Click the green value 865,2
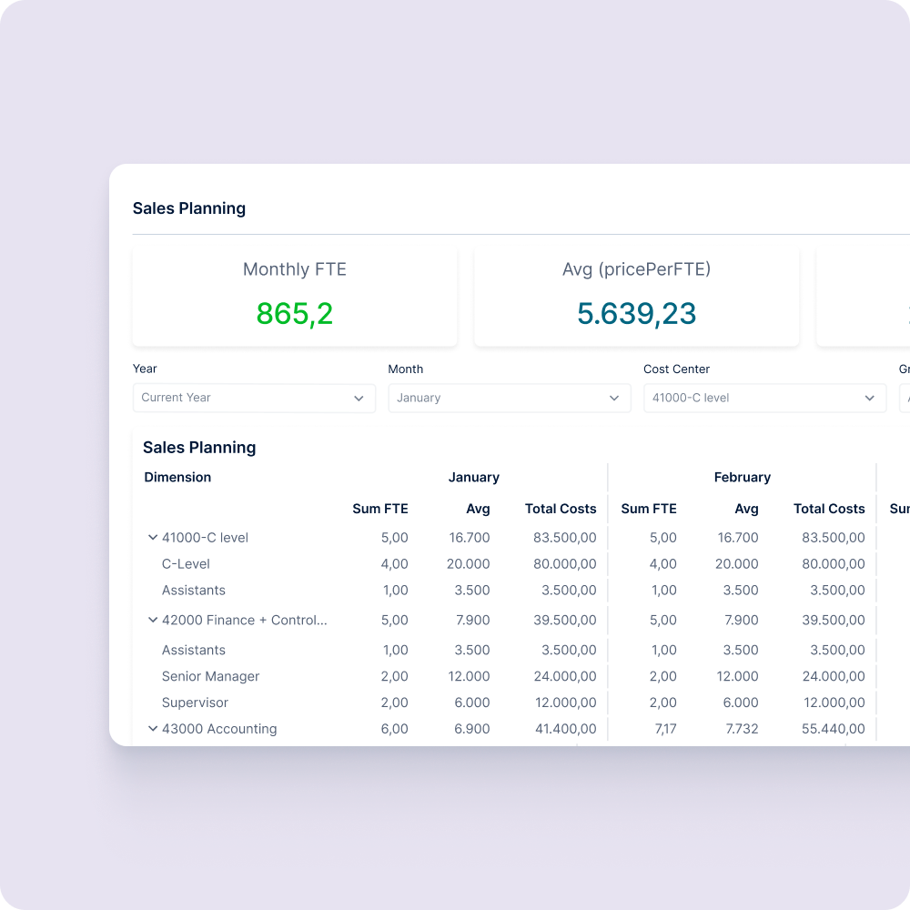coord(294,314)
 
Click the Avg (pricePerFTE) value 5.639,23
coord(636,314)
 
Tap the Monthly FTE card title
coord(294,269)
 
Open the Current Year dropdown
coord(254,399)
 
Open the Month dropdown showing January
coord(509,399)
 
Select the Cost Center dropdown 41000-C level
coord(764,399)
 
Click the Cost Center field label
coord(676,369)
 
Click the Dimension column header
coord(177,478)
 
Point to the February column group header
coord(742,478)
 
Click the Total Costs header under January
coord(561,509)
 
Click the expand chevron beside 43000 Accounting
coord(153,729)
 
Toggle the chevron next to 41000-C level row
coord(153,538)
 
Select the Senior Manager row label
coord(210,677)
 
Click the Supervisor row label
coord(195,703)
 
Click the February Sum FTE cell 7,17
coord(662,729)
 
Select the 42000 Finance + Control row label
coord(244,621)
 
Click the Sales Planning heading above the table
coord(199,448)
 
